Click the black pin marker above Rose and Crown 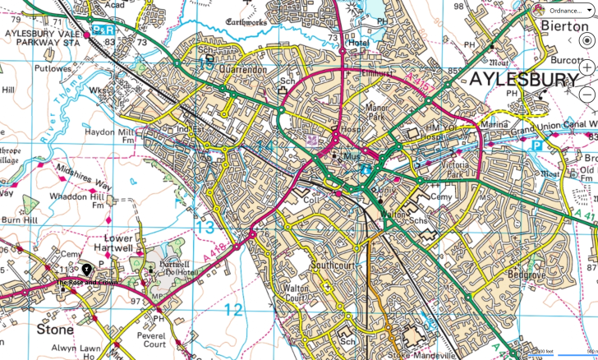pyautogui.click(x=86, y=270)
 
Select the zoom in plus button pyautogui.click(x=586, y=67)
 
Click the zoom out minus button pyautogui.click(x=586, y=94)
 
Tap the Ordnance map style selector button pyautogui.click(x=563, y=11)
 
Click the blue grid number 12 pyautogui.click(x=233, y=309)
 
